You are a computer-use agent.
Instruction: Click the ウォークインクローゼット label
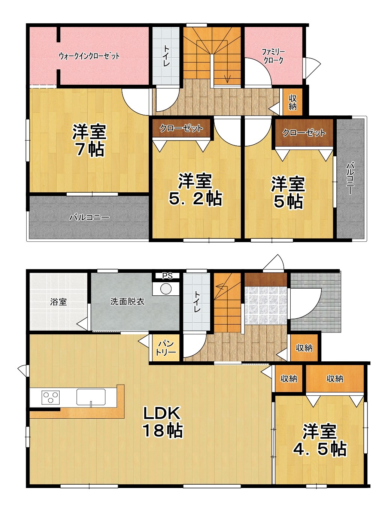click(89, 56)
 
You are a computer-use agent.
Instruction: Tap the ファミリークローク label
click(273, 56)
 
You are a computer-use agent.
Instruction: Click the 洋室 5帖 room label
click(288, 193)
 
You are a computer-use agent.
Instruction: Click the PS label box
click(167, 276)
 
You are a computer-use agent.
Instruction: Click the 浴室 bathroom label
click(58, 302)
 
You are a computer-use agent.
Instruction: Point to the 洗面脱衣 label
click(127, 301)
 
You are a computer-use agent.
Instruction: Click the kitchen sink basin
click(91, 397)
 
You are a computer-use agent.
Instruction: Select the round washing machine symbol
click(166, 289)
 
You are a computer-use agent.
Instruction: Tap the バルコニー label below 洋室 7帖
click(89, 217)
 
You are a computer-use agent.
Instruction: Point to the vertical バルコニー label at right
click(350, 178)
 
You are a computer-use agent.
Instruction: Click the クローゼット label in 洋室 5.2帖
click(181, 129)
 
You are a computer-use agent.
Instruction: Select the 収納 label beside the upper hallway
click(292, 102)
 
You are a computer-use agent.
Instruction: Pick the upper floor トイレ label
click(166, 56)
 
